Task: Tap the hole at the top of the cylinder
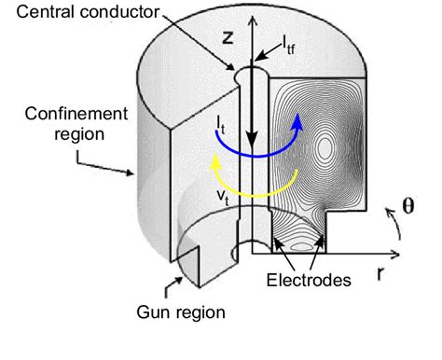coord(253,73)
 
